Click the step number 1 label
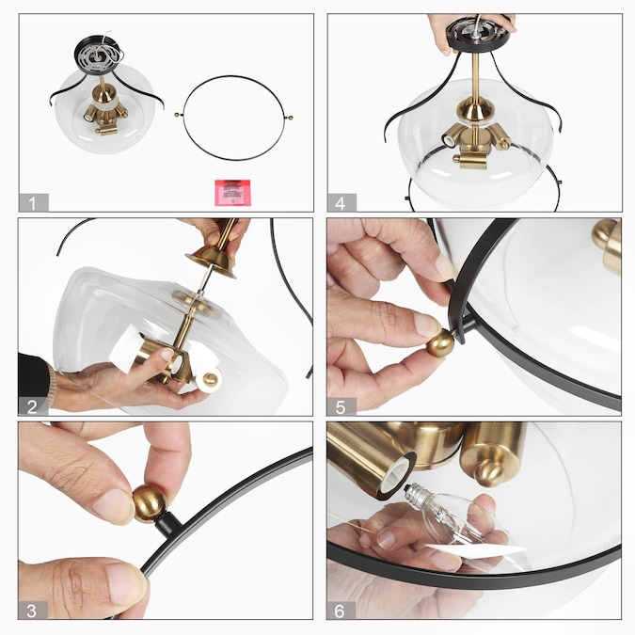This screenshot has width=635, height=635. point(33,202)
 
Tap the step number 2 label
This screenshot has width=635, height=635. point(32,406)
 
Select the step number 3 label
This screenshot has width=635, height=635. point(32,611)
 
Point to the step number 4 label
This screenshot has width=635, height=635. point(341,202)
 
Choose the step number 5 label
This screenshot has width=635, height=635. point(341,406)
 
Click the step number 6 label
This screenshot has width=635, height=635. point(341,611)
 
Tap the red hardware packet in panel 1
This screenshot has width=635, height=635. point(232,192)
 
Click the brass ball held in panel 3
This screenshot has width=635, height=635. point(150,503)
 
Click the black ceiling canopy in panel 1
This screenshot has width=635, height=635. point(99,54)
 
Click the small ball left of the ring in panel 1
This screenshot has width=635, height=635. point(177,115)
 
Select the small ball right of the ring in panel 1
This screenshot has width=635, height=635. point(291,118)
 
